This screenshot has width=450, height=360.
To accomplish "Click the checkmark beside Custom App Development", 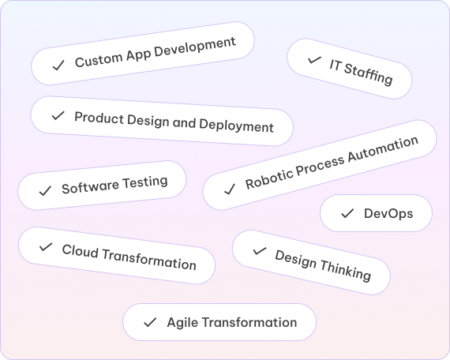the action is pos(58,66).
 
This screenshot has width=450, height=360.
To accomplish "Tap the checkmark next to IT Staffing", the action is pos(314,60).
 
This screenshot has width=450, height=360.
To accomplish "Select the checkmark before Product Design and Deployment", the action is pos(58,116).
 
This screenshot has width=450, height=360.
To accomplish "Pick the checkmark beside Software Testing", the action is pos(45,191).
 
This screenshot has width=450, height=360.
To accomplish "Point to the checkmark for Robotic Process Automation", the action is pos(230,189).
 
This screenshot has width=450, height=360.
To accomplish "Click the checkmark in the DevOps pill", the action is pos(347,213).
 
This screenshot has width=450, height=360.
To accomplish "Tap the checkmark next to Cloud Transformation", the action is pos(46,247).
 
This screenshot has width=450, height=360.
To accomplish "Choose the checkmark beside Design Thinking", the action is pos(260,251).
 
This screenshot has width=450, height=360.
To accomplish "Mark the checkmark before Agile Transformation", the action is pos(150,322).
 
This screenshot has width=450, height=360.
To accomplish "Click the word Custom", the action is pos(99,59).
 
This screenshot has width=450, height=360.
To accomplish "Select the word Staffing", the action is pos(368,74).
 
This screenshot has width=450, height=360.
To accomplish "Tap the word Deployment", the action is pos(236,126).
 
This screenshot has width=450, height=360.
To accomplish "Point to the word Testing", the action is pos(145,182).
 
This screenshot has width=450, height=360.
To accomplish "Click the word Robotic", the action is pos(268,178).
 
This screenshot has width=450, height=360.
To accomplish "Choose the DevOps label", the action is pos(388,214).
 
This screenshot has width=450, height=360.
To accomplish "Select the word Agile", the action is pos(182,323).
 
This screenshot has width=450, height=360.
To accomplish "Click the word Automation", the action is pos(383,150).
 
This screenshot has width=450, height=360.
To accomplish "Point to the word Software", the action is pos(90,187).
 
